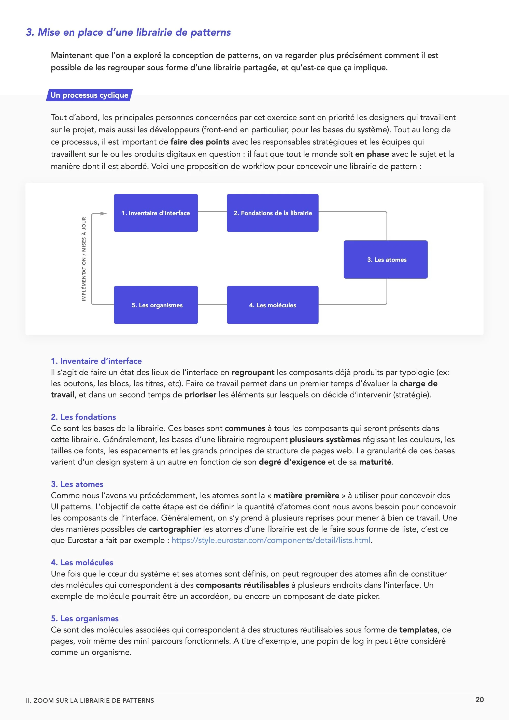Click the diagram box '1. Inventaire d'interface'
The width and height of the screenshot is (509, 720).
155,213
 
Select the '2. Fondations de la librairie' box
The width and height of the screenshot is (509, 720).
273,213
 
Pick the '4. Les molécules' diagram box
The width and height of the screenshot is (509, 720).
273,305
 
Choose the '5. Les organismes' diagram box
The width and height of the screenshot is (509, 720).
155,305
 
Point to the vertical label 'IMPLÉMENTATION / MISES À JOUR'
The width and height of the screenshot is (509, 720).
84,259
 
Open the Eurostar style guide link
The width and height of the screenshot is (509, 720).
271,540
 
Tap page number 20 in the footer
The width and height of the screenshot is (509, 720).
479,700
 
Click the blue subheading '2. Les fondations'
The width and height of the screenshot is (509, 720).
83,417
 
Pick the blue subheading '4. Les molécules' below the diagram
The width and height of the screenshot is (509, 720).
82,563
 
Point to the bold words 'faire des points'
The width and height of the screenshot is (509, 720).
200,142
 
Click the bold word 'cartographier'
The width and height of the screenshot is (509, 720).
174,529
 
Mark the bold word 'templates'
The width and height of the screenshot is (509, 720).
418,630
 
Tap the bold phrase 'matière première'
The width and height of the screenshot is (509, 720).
306,495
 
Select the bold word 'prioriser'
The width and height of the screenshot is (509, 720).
200,395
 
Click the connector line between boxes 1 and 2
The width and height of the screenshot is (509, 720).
212,212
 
